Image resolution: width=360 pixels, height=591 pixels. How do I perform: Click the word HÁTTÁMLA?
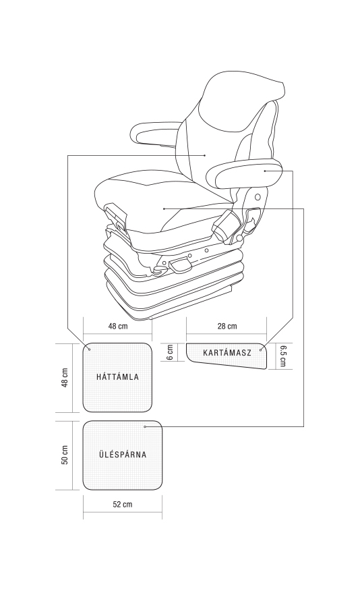click(117, 377)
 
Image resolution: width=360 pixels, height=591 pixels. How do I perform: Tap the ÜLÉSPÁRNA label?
click(123, 454)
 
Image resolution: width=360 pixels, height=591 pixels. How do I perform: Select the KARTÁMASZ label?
click(227, 353)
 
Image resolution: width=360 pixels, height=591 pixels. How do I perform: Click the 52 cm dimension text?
click(123, 505)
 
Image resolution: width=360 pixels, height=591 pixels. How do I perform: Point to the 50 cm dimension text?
click(65, 455)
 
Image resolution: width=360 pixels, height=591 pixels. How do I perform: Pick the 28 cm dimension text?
click(227, 326)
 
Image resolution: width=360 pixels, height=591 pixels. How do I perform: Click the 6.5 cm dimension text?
click(282, 356)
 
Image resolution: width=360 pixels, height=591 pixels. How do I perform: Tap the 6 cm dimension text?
click(170, 352)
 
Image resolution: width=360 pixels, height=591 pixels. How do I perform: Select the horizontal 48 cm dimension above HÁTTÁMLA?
click(118, 326)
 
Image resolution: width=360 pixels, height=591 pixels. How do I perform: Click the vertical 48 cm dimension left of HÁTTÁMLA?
click(65, 378)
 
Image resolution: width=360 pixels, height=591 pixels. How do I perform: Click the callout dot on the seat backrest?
click(204, 155)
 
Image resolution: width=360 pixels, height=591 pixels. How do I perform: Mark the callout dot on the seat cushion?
click(164, 208)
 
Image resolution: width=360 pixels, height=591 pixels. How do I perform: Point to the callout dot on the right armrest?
click(265, 171)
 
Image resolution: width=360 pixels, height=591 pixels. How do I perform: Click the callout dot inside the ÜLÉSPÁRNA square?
click(145, 426)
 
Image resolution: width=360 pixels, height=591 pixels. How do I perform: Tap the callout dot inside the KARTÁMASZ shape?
click(261, 350)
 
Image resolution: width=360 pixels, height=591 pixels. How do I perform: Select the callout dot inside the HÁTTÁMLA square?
click(89, 349)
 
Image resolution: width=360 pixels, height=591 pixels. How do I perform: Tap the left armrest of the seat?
click(152, 134)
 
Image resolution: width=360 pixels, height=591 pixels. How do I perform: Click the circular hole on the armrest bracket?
click(258, 197)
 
